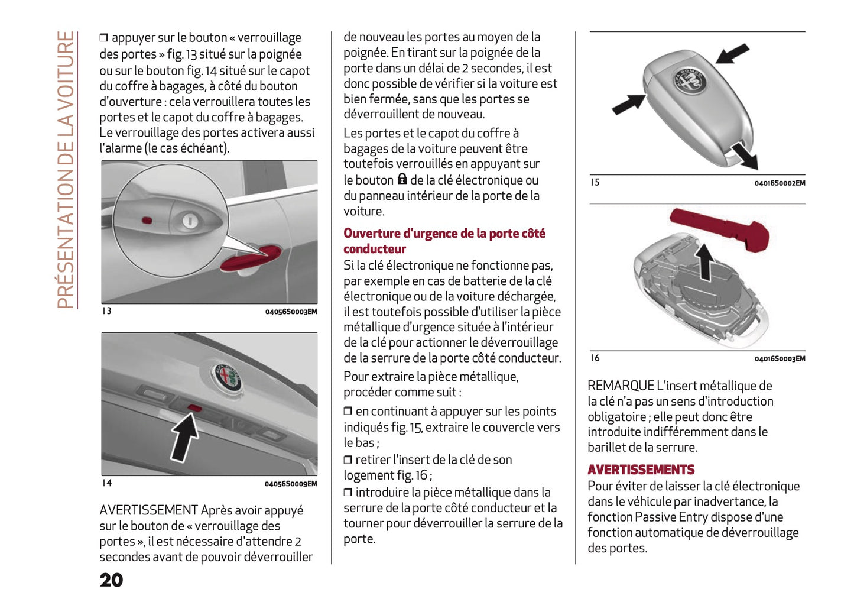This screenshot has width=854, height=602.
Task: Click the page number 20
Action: tap(111, 580)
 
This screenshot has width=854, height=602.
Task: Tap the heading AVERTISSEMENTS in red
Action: tap(641, 470)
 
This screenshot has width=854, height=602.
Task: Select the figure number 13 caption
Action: tap(106, 311)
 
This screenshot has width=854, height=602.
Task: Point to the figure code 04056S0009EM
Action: tap(291, 484)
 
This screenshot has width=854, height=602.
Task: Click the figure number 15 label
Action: tap(595, 182)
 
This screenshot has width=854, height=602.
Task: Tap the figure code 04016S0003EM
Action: tap(780, 358)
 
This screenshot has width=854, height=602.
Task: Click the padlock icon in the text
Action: tap(402, 179)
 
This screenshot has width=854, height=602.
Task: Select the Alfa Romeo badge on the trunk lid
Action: tap(228, 377)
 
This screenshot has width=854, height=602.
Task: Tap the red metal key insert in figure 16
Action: tap(720, 228)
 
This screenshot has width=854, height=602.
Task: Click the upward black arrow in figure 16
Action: tap(704, 262)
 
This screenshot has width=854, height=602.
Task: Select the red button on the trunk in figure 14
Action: tap(194, 407)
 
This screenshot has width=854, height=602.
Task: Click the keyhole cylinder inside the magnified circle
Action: tap(189, 221)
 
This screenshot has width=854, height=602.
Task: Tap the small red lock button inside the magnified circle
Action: tap(147, 221)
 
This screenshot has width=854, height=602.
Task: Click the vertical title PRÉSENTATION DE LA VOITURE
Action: tap(66, 170)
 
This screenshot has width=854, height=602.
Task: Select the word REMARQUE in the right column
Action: tap(620, 386)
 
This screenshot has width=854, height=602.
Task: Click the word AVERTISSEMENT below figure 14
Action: tap(148, 510)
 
